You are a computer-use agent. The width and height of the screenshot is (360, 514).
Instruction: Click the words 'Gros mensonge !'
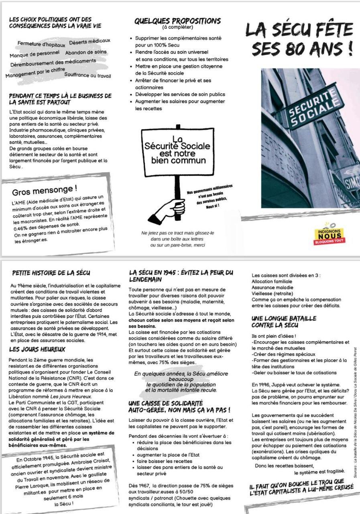[45, 188]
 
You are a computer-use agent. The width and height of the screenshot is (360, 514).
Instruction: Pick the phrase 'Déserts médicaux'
[89, 41]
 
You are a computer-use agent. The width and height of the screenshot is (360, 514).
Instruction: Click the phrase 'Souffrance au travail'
[87, 75]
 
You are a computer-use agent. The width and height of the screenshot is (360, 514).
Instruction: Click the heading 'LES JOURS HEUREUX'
[37, 349]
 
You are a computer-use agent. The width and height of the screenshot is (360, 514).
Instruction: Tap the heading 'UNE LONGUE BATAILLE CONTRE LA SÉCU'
[284, 322]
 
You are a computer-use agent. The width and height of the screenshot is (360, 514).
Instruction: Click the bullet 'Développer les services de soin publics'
[180, 94]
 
